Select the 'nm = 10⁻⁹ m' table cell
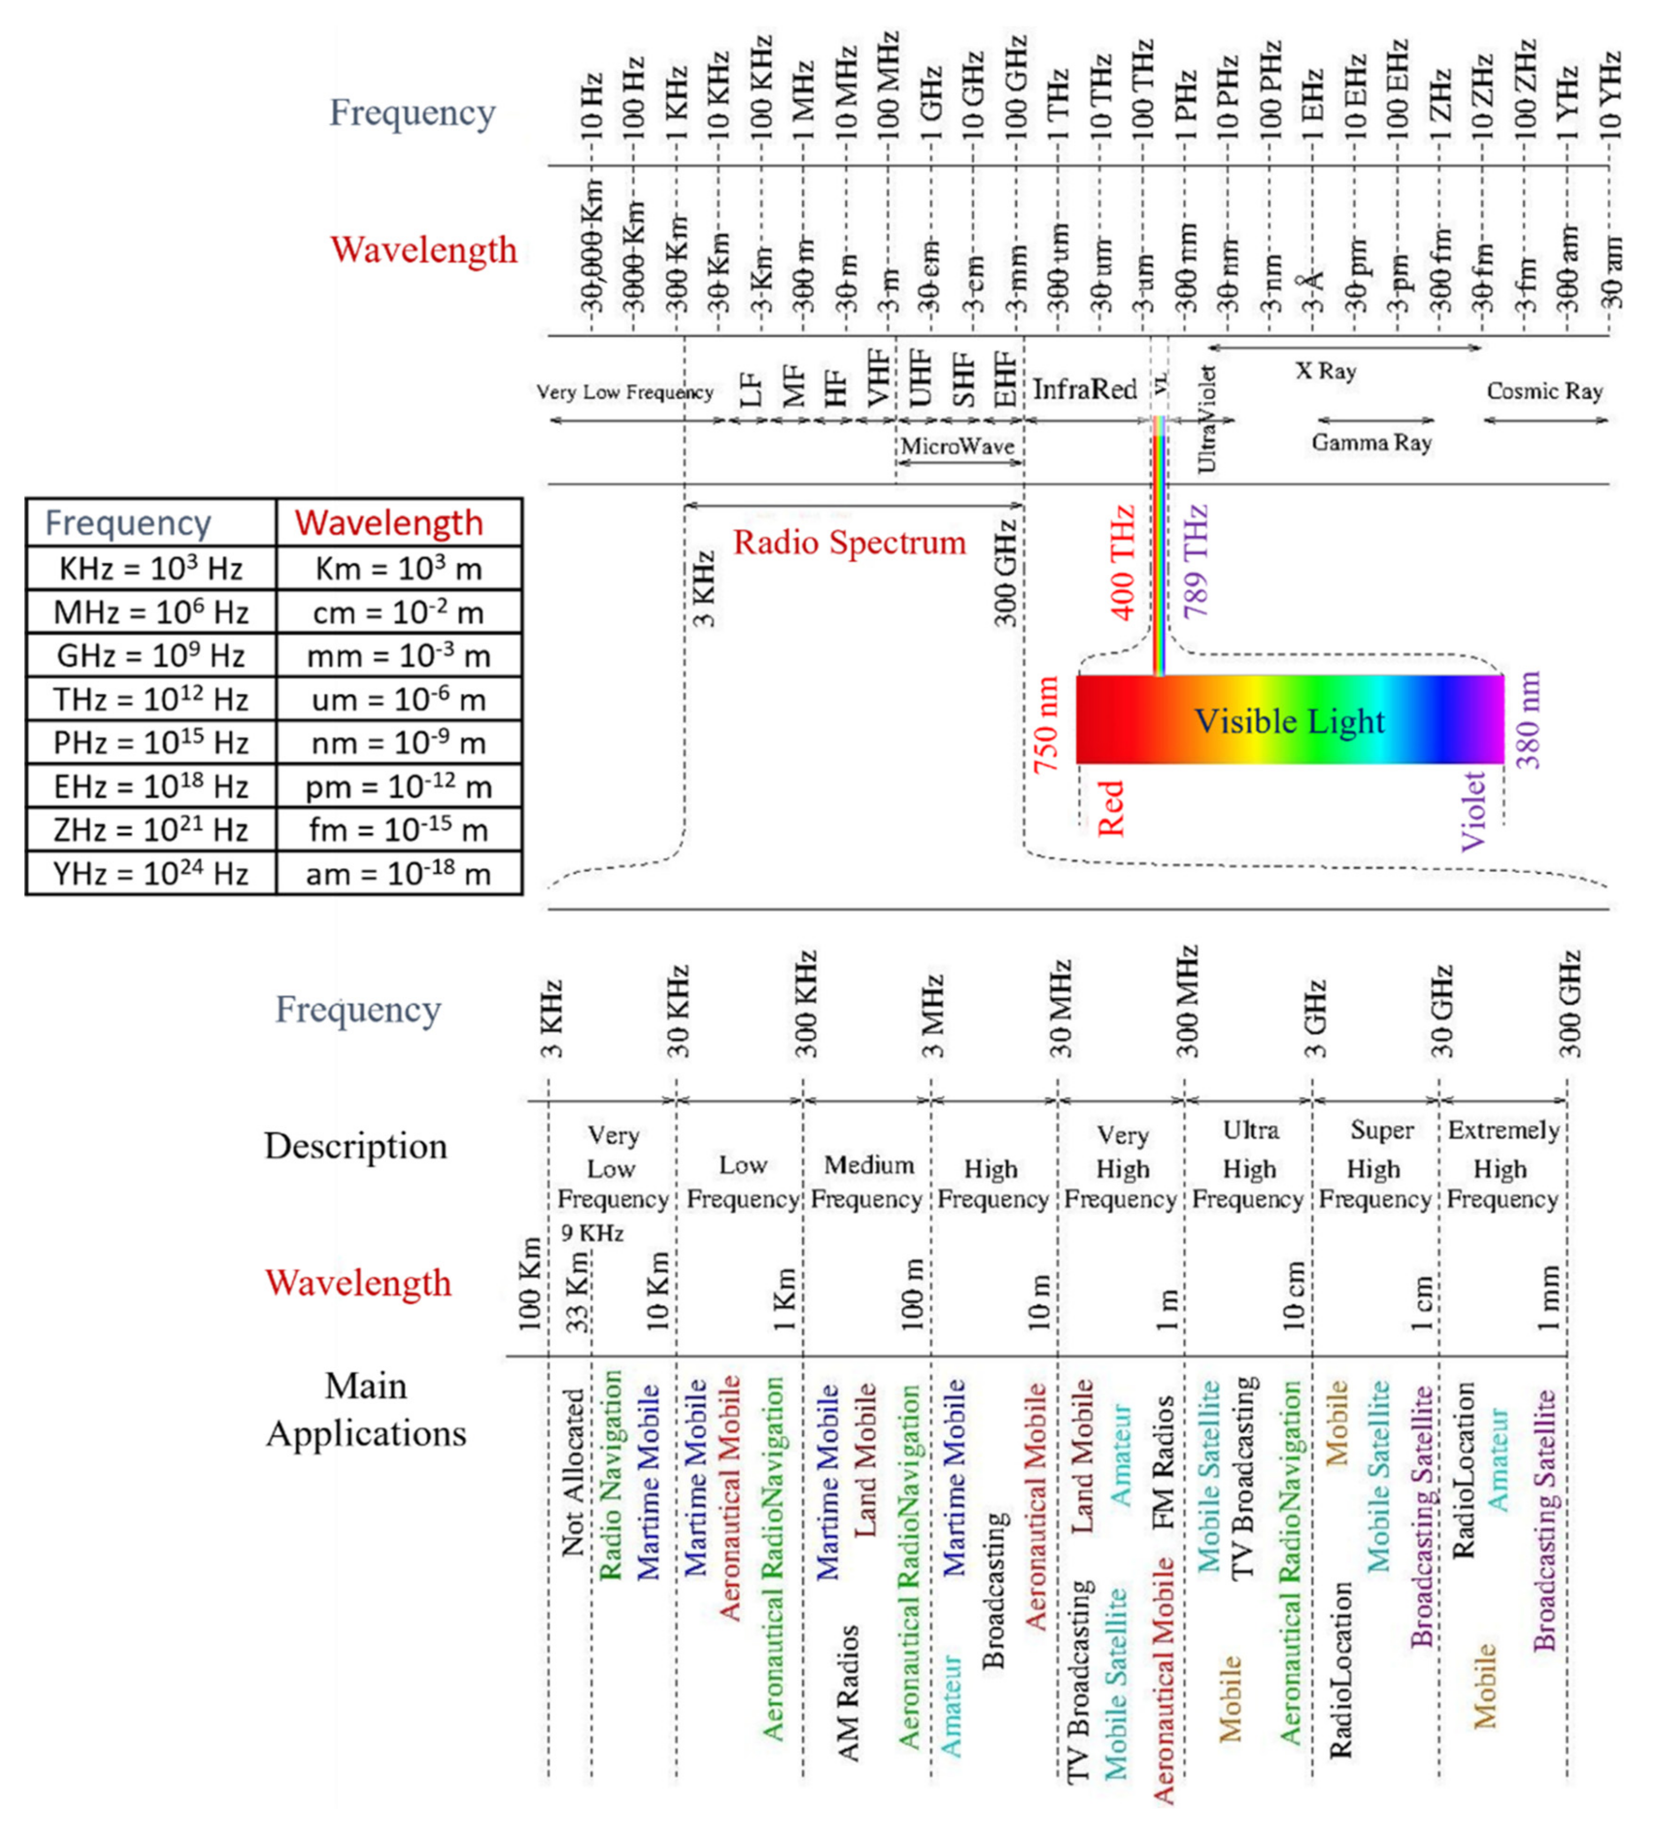click(x=398, y=743)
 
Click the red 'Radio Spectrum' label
click(x=849, y=543)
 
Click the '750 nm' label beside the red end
click(x=1047, y=725)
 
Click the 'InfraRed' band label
click(x=1084, y=390)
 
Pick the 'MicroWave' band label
click(x=958, y=446)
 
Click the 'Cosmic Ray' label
click(x=1544, y=391)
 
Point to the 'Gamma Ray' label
click(x=1371, y=443)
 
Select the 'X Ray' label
click(x=1326, y=371)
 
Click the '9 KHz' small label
click(x=592, y=1233)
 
